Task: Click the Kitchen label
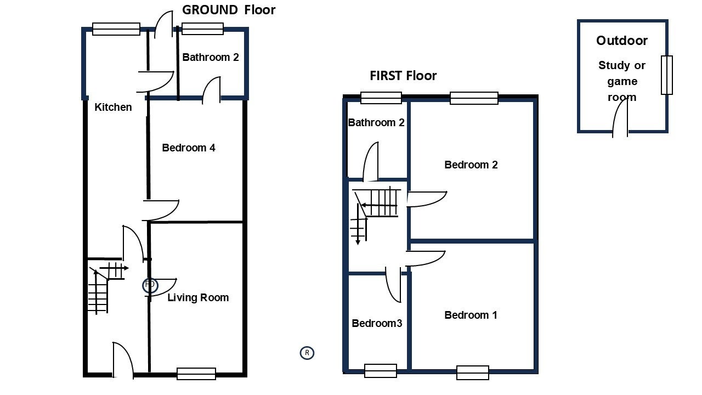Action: [x=113, y=107]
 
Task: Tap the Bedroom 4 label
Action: [x=189, y=148]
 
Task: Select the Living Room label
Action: [x=198, y=297]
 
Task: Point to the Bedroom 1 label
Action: [x=471, y=315]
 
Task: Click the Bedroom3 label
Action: [x=377, y=323]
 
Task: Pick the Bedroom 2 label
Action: [x=471, y=165]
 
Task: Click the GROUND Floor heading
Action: [x=229, y=10]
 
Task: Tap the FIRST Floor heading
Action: [x=403, y=76]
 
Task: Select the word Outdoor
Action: [x=622, y=41]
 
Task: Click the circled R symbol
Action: [x=307, y=353]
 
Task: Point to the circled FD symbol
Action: [x=150, y=285]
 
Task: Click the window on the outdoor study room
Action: [x=666, y=75]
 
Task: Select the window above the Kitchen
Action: [x=116, y=29]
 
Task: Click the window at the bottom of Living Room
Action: [x=196, y=374]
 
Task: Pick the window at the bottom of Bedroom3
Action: [x=381, y=370]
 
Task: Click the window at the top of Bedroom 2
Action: [x=474, y=98]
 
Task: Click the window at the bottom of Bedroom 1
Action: [x=473, y=373]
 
